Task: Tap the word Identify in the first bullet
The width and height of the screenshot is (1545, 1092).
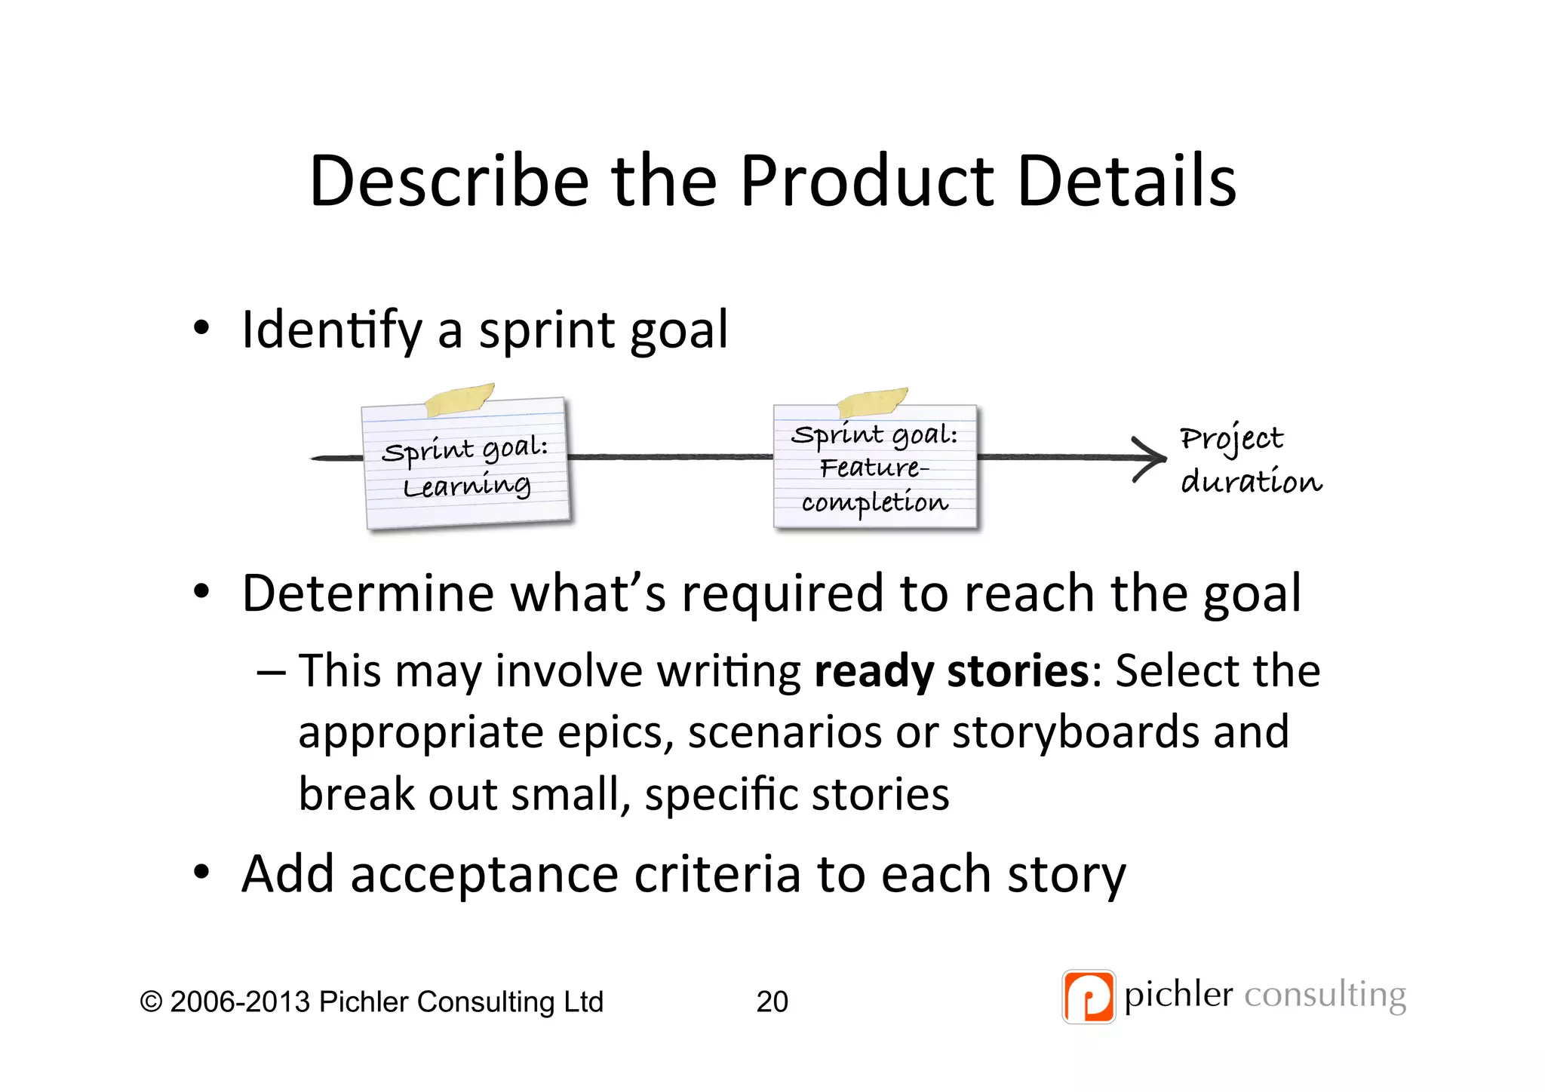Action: [x=331, y=330]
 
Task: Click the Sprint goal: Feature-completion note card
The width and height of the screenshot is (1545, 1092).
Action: [x=875, y=468]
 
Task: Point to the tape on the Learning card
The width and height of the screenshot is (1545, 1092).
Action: [x=458, y=399]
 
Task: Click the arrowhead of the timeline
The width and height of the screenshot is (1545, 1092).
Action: [x=1151, y=458]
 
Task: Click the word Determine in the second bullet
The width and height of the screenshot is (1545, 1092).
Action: [x=367, y=594]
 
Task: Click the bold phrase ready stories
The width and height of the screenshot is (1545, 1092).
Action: [x=951, y=670]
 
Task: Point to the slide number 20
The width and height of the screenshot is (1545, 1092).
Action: [x=772, y=1002]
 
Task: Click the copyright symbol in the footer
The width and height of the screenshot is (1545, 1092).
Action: [x=151, y=1002]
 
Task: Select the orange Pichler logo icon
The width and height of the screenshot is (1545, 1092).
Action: [x=1088, y=996]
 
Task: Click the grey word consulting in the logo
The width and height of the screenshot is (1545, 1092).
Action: [x=1325, y=995]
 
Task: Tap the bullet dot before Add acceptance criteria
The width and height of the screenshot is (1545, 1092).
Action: [x=201, y=873]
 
